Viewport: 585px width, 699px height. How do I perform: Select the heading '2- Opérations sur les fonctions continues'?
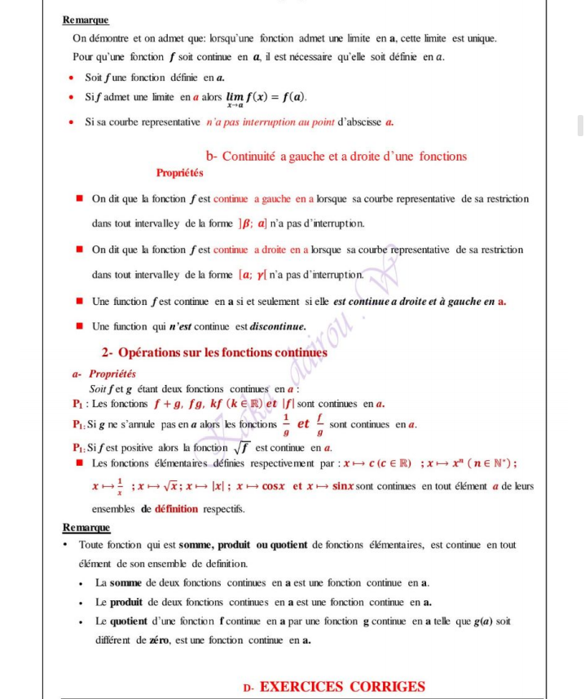point(214,353)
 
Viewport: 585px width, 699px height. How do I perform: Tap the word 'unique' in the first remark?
point(482,38)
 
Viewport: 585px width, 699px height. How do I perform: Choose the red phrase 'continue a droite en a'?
point(261,250)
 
